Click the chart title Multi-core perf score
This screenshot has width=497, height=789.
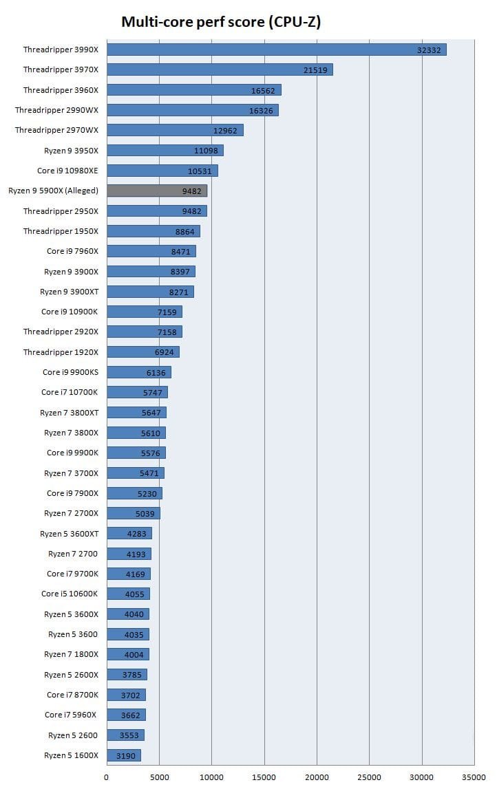pyautogui.click(x=221, y=22)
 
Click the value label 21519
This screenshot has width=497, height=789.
pyautogui.click(x=315, y=69)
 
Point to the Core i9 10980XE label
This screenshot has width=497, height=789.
pyautogui.click(x=67, y=171)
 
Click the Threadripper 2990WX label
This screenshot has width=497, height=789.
pyautogui.click(x=56, y=110)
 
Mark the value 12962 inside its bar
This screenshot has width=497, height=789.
pyautogui.click(x=226, y=130)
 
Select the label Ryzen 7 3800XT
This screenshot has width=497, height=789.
pyautogui.click(x=69, y=412)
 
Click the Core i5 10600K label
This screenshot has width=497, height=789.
pyautogui.click(x=70, y=594)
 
